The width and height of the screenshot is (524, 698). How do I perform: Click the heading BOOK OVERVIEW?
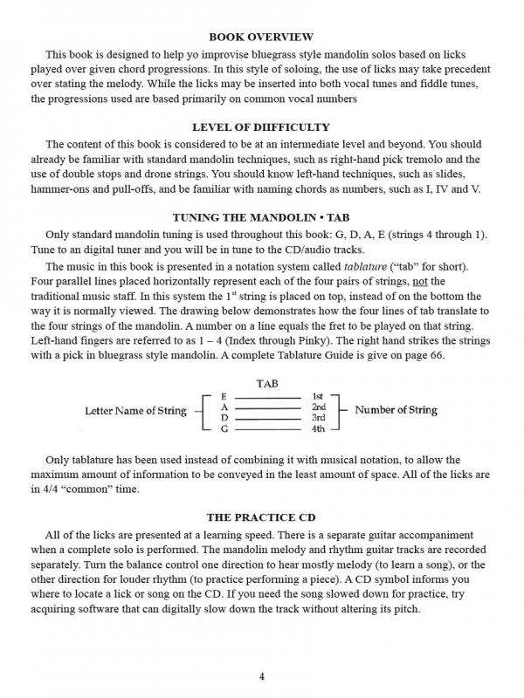tap(261, 37)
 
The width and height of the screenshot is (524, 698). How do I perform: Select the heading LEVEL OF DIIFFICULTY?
tap(261, 127)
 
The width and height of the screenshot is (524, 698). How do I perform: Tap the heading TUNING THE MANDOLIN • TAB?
tap(261, 218)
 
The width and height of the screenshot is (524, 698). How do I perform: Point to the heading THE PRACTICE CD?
tap(261, 517)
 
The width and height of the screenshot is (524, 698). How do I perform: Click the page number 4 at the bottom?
tap(261, 677)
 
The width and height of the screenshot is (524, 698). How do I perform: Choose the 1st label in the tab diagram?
tap(318, 397)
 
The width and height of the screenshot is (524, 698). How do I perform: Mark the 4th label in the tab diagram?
tap(318, 428)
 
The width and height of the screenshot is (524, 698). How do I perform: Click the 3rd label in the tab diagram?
tap(318, 418)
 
